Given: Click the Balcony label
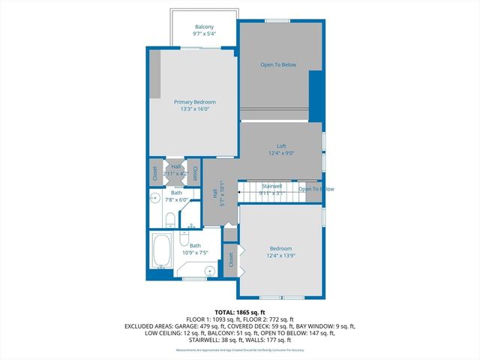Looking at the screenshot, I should click(204, 26).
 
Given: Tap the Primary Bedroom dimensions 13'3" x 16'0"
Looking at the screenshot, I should click(194, 109).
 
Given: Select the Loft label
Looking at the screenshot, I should click(281, 145).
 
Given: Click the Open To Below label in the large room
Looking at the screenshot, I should click(278, 64).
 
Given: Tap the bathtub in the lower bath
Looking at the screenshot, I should click(162, 250).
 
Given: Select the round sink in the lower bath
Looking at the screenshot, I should click(211, 269).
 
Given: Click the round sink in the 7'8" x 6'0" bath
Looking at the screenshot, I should click(154, 198).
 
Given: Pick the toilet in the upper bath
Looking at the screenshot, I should click(170, 220).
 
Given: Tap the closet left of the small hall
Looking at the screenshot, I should click(155, 173).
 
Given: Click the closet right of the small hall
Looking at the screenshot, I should click(195, 173).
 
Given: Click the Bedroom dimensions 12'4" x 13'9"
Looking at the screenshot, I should click(280, 256).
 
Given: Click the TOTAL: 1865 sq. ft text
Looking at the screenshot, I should click(240, 312).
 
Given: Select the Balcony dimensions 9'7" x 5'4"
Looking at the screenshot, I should click(204, 34).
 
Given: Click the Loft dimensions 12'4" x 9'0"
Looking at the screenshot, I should click(281, 153).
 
